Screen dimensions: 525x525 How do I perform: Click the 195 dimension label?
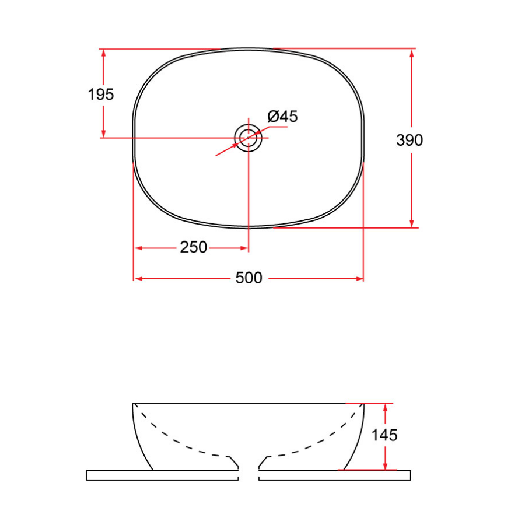(x=101, y=94)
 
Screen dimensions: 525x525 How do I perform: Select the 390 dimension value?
(x=409, y=140)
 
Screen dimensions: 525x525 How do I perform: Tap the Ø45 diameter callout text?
(x=283, y=117)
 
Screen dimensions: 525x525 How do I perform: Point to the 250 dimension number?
(x=193, y=248)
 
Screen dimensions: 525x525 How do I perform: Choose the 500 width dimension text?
(x=249, y=279)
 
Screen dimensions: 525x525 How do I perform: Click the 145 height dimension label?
(x=385, y=435)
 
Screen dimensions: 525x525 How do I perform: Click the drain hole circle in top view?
(x=249, y=138)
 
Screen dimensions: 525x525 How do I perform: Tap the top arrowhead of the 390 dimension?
(x=412, y=53)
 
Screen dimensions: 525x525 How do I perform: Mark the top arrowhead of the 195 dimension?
(x=104, y=53)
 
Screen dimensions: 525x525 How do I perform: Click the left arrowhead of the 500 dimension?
(x=138, y=279)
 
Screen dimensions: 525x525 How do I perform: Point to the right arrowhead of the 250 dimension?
(x=244, y=248)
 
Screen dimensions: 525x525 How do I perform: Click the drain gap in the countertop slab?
(x=249, y=475)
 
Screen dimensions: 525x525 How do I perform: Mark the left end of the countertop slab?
(x=87, y=475)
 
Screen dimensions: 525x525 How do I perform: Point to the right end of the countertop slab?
(x=409, y=475)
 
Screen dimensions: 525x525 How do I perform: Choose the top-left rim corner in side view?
(x=134, y=404)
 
